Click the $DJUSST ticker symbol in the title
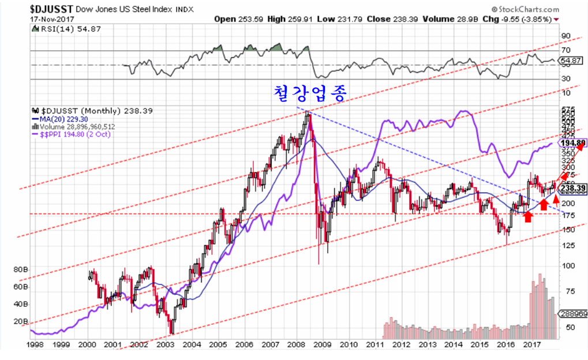[51, 9]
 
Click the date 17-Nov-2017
[49, 18]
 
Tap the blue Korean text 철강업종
[310, 93]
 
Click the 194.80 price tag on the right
[573, 142]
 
